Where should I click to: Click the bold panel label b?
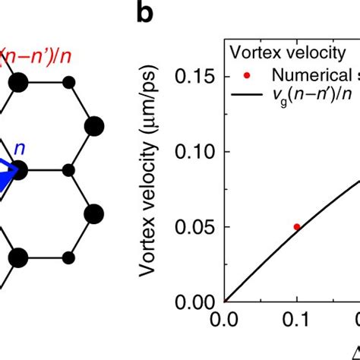point(148,14)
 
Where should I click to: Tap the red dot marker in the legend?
point(242,74)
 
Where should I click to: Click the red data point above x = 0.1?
point(297,226)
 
